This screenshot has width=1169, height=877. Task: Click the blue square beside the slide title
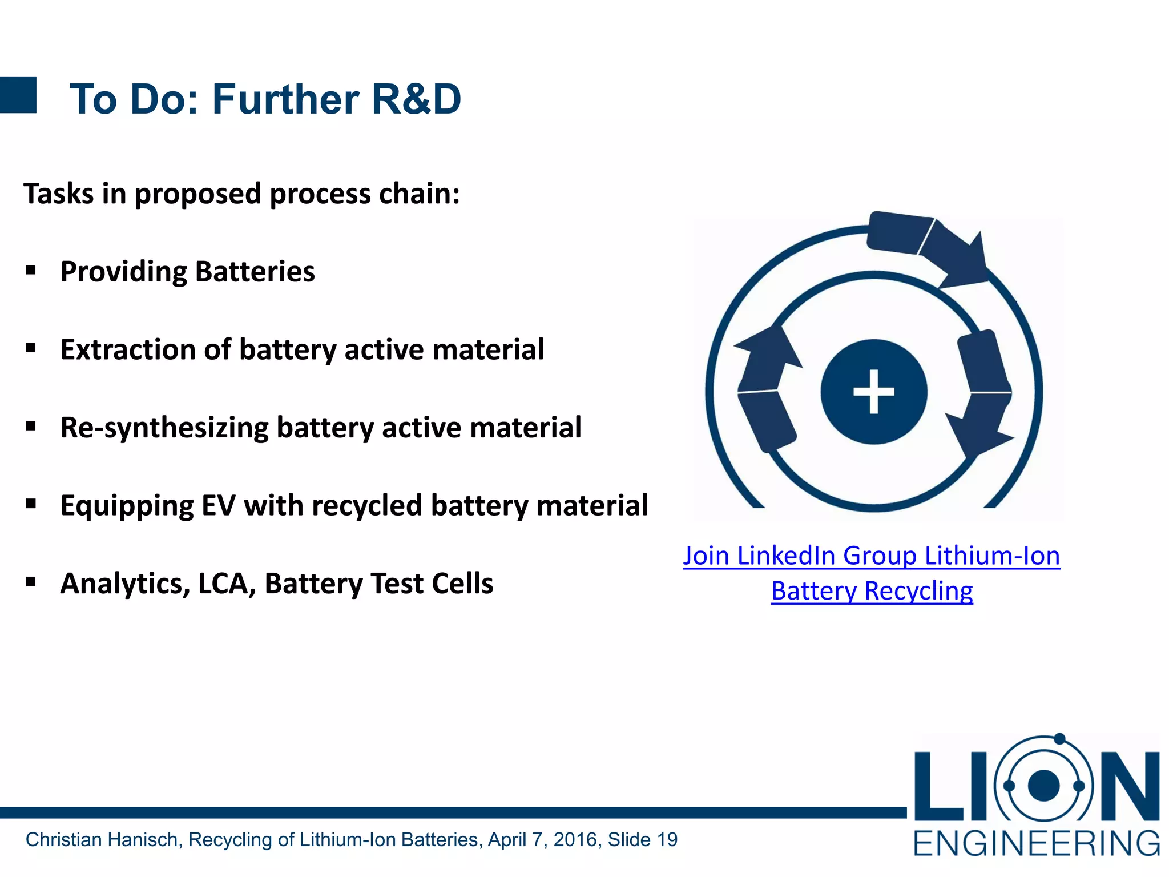click(18, 95)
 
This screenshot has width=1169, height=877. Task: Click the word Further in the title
click(285, 99)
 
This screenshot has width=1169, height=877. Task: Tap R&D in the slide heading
click(416, 99)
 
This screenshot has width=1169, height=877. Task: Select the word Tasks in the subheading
click(58, 194)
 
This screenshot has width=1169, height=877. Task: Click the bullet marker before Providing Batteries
click(31, 269)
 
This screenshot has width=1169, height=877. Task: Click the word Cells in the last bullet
click(462, 584)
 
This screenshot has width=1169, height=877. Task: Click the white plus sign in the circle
click(873, 392)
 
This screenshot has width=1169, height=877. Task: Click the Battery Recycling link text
click(872, 591)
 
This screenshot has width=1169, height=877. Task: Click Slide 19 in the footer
click(642, 839)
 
